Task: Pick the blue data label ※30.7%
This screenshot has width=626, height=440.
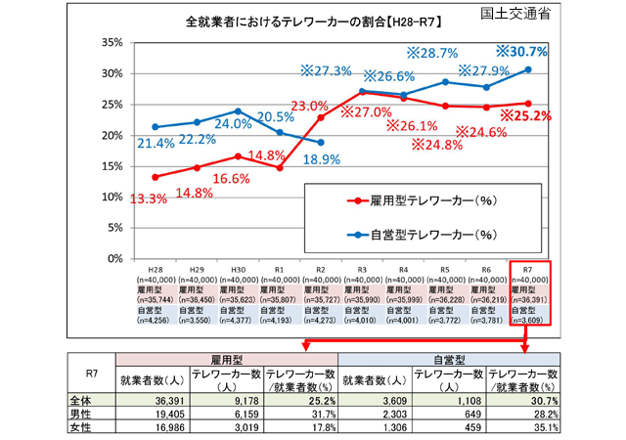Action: [533, 51]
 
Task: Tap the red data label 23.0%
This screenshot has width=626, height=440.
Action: [310, 106]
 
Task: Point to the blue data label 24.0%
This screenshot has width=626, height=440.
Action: [234, 124]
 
